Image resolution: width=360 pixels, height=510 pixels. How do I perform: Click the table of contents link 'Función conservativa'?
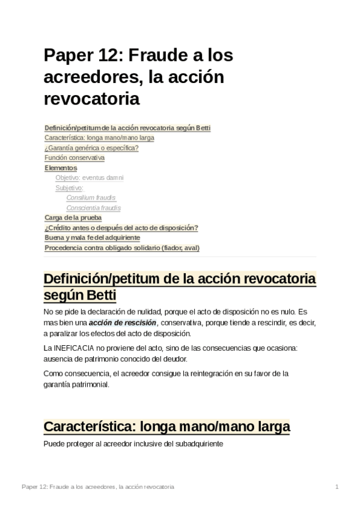[x=75, y=158]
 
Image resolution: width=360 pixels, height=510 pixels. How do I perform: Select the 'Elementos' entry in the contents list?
[x=61, y=168]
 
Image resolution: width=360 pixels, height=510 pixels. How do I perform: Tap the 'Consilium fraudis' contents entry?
[x=91, y=197]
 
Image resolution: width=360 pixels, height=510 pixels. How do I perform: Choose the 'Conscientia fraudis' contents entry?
[x=93, y=207]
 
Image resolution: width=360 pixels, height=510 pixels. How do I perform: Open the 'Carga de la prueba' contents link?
[x=73, y=217]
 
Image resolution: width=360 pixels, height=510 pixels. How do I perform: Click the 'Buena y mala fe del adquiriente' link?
[x=92, y=238]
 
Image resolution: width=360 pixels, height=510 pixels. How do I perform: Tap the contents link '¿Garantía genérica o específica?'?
[x=91, y=148]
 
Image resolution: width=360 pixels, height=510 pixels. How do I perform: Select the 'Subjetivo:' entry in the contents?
[x=69, y=188]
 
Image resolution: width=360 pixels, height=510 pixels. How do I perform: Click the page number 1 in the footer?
[x=337, y=486]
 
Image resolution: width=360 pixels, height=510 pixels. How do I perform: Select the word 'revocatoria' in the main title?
[x=91, y=98]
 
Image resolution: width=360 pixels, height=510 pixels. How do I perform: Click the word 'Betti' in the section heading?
[x=96, y=296]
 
